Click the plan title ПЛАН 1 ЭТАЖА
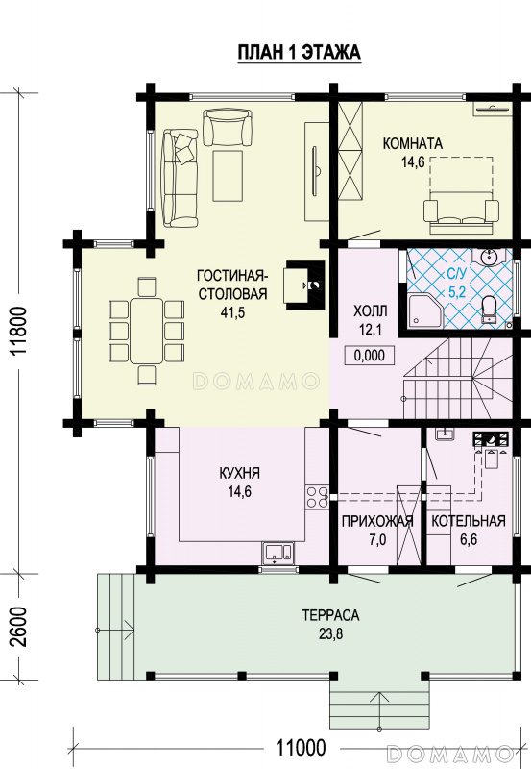299,52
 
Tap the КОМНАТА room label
413,143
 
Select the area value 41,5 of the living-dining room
232,313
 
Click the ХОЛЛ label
371,310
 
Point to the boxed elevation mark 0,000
369,355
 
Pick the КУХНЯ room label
239,473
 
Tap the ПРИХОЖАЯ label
377,521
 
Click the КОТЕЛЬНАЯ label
469,521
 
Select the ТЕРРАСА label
330,615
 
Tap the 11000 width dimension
301,748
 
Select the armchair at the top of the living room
228,128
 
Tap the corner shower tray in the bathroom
425,310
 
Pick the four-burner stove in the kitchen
317,496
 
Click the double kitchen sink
278,552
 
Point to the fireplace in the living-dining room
304,285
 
